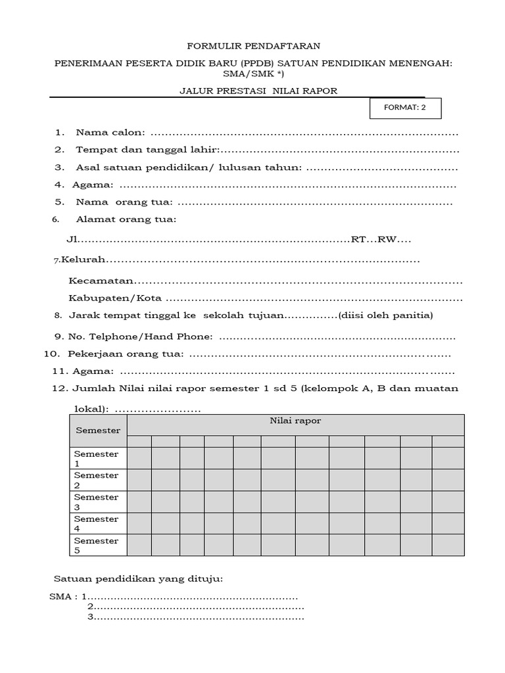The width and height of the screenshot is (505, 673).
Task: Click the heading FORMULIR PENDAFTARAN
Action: point(254,46)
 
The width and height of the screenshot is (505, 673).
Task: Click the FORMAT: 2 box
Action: point(405,108)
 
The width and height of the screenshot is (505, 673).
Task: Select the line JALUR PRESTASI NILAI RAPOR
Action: point(258,91)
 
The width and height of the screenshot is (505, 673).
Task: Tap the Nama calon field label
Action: point(110,132)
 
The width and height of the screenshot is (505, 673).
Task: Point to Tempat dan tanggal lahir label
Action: point(147,150)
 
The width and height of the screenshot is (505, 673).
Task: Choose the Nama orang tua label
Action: point(124,202)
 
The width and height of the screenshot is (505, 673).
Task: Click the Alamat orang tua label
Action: point(126,220)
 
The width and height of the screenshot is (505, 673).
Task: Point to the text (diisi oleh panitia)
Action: point(385,315)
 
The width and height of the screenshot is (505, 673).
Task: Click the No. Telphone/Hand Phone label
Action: point(140,337)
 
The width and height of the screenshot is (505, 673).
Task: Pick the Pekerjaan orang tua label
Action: point(126,354)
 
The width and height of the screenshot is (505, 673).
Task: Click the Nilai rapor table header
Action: point(295,421)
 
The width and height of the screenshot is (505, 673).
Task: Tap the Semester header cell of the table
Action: point(98,430)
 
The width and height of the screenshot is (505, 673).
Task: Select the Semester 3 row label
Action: point(97,502)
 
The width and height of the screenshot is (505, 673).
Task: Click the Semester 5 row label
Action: point(97,545)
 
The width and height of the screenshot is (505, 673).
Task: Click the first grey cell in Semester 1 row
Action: point(139,458)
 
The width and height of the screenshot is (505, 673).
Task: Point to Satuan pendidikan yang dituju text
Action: point(137,579)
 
